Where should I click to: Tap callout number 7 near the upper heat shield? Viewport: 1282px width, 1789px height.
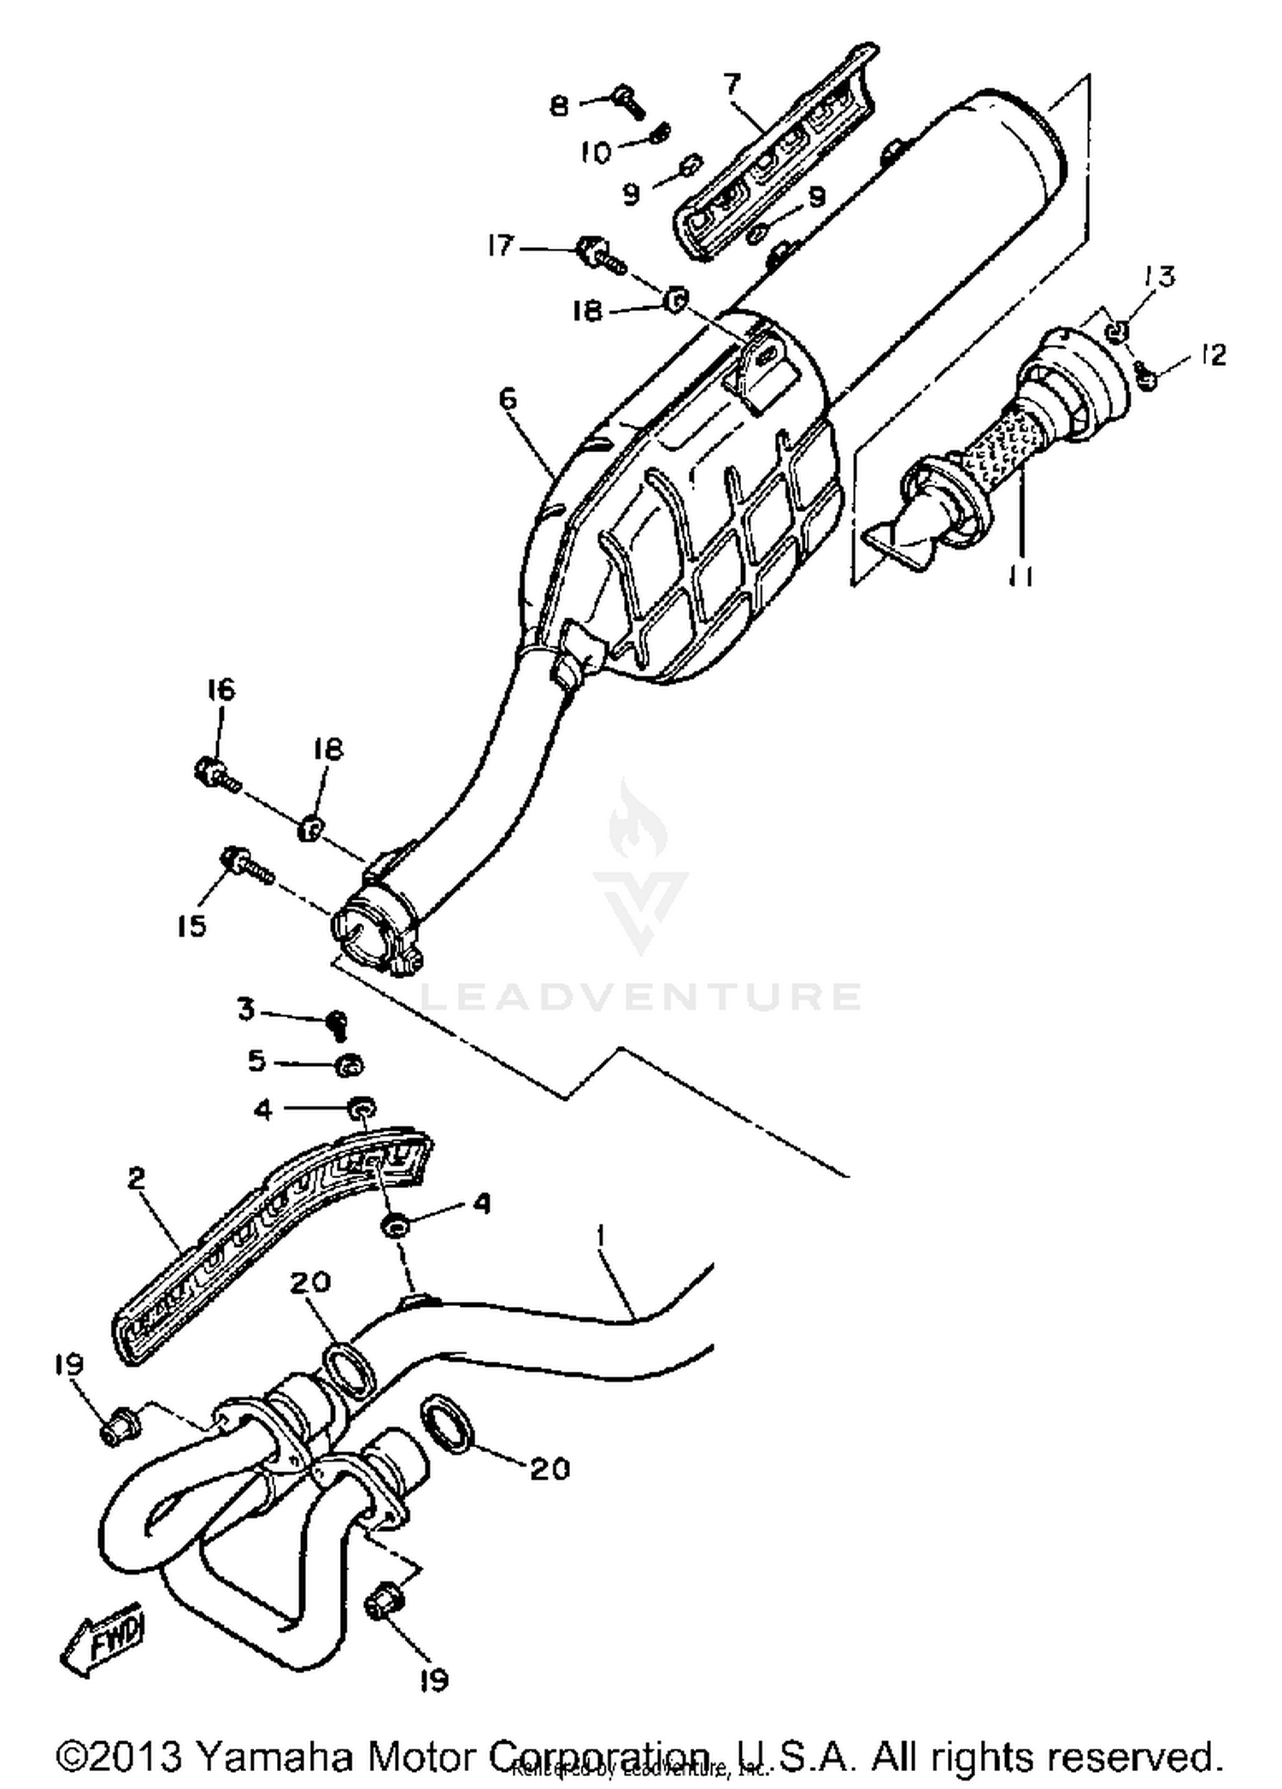coord(732,85)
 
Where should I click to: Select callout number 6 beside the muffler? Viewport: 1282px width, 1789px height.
coord(508,398)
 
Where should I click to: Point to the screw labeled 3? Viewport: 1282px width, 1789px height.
coord(338,1023)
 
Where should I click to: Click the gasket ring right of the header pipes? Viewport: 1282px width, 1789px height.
coord(450,1421)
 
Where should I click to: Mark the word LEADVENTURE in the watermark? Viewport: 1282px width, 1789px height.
coord(641,997)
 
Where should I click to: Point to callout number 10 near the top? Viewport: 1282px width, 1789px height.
coord(597,153)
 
